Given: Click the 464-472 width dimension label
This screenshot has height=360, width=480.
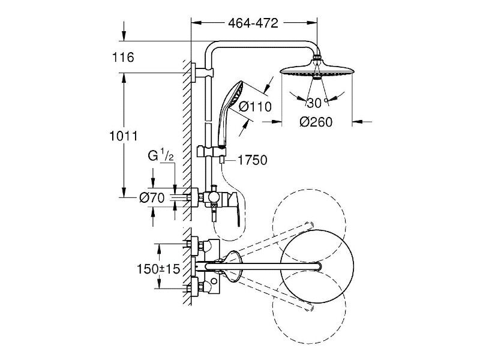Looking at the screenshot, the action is tap(253, 23).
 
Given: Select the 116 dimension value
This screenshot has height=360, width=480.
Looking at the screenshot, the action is tap(123, 57).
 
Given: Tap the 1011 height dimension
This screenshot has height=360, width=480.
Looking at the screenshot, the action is tap(124, 136).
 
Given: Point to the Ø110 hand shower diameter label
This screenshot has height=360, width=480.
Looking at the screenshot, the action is tap(256, 107).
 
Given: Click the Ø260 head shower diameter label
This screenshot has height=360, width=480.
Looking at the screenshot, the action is tap(316, 122).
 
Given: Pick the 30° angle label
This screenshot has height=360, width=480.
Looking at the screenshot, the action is tap(317, 103).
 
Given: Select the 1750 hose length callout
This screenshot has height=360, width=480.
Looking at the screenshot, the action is tap(252, 160).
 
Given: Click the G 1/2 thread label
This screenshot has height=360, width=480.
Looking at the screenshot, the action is tap(161, 155).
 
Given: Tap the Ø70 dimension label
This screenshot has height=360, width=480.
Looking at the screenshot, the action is tap(152, 198).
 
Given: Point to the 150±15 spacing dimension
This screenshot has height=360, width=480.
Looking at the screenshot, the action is tap(158, 269).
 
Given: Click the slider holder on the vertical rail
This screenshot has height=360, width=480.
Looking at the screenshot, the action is tap(212, 152).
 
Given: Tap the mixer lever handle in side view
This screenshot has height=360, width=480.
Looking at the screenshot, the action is tap(234, 208).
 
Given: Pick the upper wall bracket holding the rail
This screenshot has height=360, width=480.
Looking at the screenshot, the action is tap(202, 73).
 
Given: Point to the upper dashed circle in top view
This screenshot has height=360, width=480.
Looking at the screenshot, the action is tap(309, 190).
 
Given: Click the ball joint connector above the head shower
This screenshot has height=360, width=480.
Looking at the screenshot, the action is tap(317, 57).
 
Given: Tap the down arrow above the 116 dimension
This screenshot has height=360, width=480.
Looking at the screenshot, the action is tap(124, 31).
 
